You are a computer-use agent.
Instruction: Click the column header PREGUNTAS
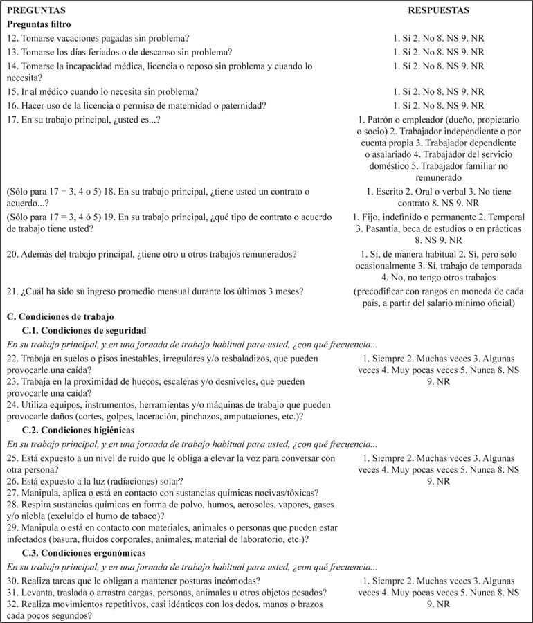coord(35,11)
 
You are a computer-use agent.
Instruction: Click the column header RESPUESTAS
coord(438,11)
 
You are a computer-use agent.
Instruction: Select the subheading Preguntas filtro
coord(41,24)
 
